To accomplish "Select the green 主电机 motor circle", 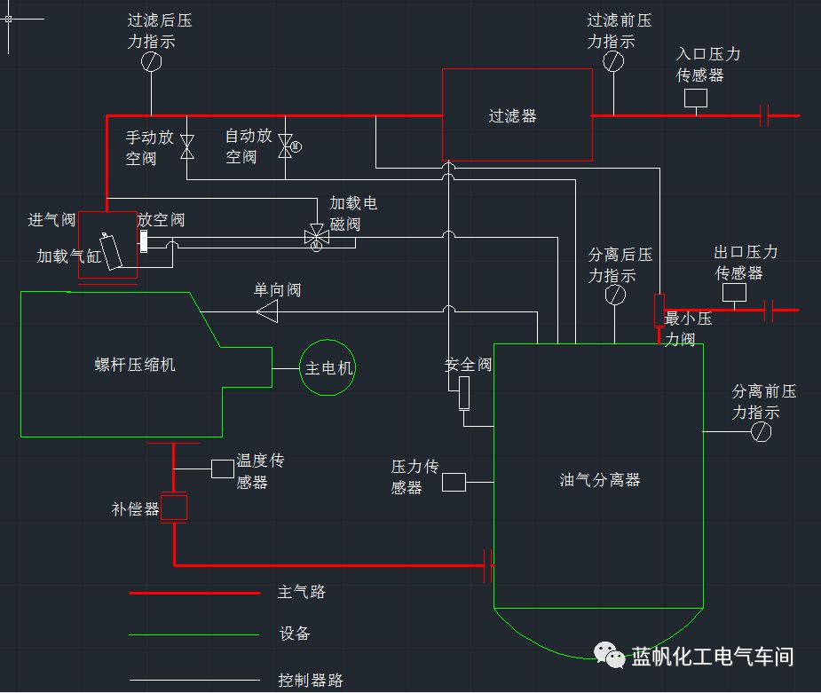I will [329, 367].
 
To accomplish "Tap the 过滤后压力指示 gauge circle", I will [152, 61].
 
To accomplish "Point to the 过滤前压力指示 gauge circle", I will [613, 61].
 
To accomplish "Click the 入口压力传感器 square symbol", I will [696, 98].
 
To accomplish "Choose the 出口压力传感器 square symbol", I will [734, 293].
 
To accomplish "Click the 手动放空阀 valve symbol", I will [187, 146].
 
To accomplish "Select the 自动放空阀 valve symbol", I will [285, 146].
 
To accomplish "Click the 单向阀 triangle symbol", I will [267, 311].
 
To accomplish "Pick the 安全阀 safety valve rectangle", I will [464, 391].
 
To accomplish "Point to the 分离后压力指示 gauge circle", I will [614, 296].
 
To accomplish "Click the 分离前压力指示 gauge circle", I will [761, 431].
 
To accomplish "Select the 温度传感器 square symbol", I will [223, 469].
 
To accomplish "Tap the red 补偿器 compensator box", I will [174, 508].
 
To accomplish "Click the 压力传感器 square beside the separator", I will [454, 482].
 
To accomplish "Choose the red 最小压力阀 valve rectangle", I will [659, 309].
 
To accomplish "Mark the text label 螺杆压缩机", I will [135, 365].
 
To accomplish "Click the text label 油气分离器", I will [600, 480].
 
